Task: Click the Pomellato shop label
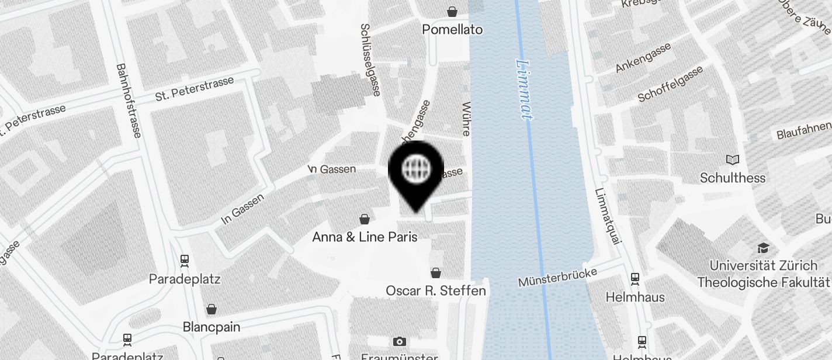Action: [452, 29]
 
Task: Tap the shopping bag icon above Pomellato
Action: [452, 11]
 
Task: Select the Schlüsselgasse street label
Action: [370, 59]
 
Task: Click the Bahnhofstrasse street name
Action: [129, 101]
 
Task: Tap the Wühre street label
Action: [466, 119]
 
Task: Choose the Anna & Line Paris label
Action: [365, 237]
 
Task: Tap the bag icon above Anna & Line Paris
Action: [365, 219]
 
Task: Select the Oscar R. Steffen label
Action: [436, 290]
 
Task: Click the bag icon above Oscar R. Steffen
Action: [436, 272]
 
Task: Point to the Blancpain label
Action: [212, 327]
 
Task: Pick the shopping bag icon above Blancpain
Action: [212, 309]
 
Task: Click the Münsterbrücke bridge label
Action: [557, 278]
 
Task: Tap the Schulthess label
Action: [733, 178]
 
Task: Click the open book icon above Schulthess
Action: [733, 160]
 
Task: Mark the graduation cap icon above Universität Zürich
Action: [763, 248]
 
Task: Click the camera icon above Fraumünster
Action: [400, 341]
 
